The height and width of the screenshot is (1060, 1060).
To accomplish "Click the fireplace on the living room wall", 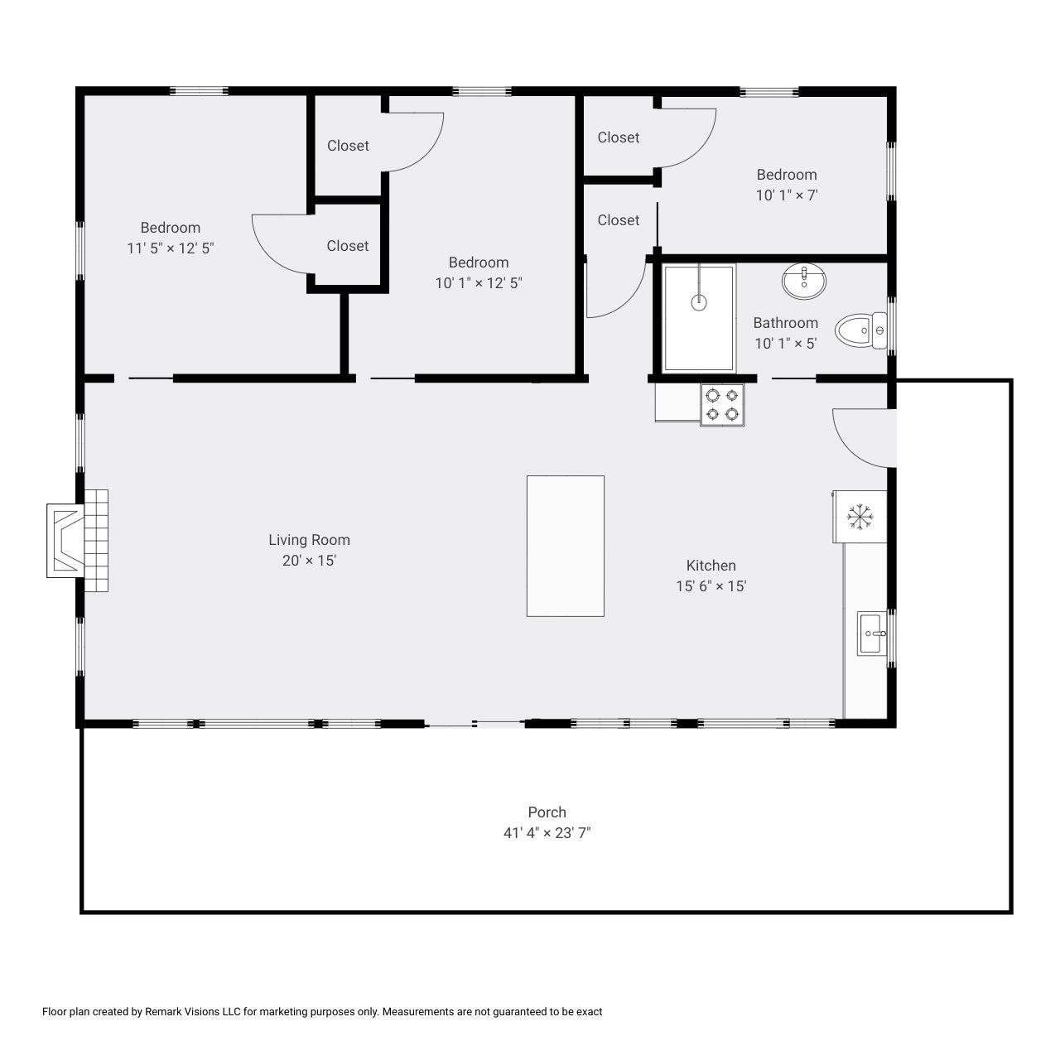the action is (77, 540).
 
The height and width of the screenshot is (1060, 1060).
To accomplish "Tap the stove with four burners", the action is (722, 405).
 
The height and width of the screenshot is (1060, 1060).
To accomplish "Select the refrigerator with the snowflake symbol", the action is (860, 517).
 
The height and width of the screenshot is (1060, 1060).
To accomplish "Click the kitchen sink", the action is (872, 634).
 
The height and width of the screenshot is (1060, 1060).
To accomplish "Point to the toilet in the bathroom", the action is (861, 330).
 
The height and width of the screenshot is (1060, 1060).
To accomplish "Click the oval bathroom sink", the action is (803, 281).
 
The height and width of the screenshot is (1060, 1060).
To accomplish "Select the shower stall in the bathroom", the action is (699, 318).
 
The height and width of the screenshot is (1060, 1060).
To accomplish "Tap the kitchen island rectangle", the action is (565, 546).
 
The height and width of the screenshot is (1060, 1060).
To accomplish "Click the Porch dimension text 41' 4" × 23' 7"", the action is (547, 833).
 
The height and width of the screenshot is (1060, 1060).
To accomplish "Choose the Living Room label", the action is (309, 540).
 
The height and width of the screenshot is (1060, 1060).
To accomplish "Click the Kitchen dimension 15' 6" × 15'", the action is (711, 585).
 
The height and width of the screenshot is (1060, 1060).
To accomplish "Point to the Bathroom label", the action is (786, 323).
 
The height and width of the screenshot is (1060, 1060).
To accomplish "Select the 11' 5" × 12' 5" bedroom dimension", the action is (171, 248).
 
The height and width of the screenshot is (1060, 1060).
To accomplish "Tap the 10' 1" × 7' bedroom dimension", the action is (787, 195).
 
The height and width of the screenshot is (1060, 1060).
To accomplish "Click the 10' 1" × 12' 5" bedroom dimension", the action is (479, 282).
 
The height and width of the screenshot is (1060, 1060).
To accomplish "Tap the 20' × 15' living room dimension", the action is (309, 561).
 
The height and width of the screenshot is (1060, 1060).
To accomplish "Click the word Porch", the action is (547, 812).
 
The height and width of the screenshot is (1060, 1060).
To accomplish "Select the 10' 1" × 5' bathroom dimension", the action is (786, 343).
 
